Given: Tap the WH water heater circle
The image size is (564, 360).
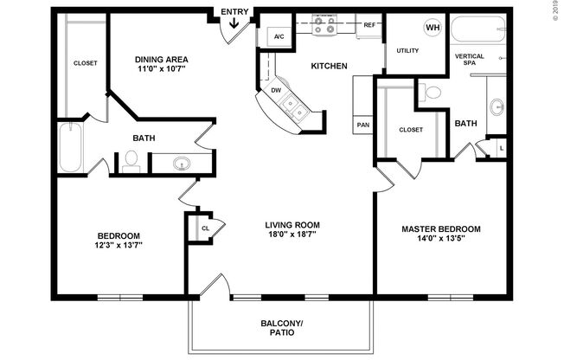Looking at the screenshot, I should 432,27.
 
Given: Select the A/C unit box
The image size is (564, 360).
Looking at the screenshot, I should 279,36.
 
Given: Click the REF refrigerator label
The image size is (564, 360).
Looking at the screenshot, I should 369,26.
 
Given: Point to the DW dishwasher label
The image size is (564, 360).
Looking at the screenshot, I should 276,89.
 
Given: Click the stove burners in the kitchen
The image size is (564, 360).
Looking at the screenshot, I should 325,28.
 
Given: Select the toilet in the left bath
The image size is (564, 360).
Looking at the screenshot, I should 131,162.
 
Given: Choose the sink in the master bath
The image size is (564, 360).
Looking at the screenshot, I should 497,107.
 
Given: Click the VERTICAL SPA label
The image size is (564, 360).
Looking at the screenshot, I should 469,61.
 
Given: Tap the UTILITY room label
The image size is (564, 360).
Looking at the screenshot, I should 407,50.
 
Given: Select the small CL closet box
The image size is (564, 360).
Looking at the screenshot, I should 204,228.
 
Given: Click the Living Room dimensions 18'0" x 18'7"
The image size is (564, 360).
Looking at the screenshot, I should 292,234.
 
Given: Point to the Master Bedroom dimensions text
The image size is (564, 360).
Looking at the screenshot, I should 440,240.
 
